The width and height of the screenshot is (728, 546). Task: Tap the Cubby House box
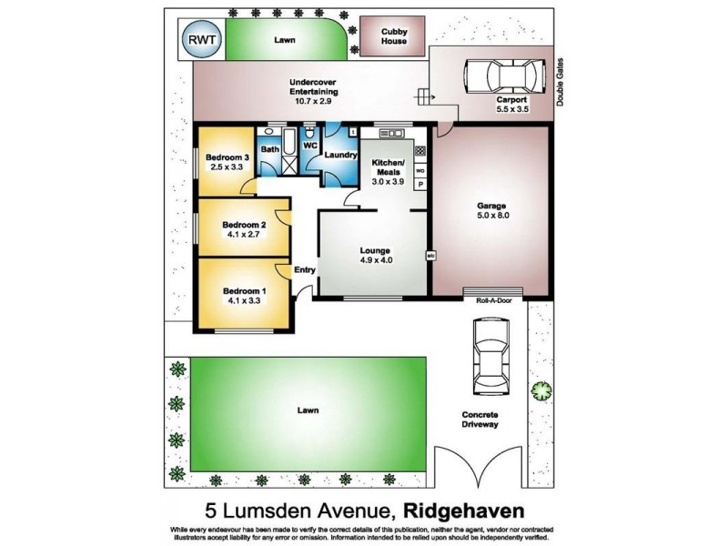point(393,37)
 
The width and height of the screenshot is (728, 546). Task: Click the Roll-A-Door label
point(492,299)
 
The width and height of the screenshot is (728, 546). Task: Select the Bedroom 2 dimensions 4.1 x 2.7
point(246,234)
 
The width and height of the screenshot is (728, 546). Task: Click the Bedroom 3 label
point(224,156)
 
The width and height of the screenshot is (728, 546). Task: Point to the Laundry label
point(340,155)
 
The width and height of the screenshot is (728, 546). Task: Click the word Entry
point(305,269)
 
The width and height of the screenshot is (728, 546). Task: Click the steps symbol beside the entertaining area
point(423,95)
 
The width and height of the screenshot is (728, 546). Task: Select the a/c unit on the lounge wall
point(428,256)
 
